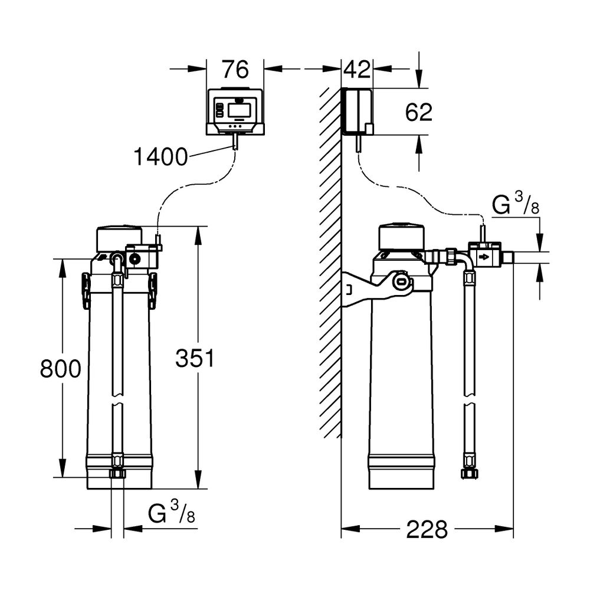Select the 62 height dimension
coord(419,112)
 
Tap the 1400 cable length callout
coord(160,156)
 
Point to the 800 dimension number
coord(61,368)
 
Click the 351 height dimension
coord(195,358)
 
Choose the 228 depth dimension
coord(427,529)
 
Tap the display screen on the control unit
coord(240,110)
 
